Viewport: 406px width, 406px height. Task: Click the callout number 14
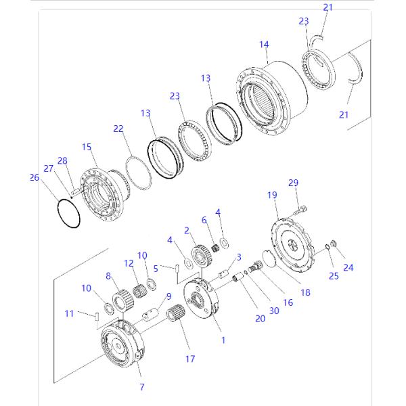pyautogui.click(x=264, y=45)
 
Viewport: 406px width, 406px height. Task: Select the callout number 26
pyautogui.click(x=35, y=178)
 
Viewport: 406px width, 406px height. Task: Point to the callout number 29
pyautogui.click(x=293, y=183)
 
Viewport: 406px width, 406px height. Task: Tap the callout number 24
pyautogui.click(x=348, y=267)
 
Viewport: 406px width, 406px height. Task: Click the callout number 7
pyautogui.click(x=141, y=387)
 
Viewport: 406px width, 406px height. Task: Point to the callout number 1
pyautogui.click(x=223, y=340)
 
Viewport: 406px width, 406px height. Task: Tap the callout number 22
pyautogui.click(x=118, y=128)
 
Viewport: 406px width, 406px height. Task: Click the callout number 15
pyautogui.click(x=86, y=147)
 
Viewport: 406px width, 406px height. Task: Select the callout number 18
pyautogui.click(x=306, y=293)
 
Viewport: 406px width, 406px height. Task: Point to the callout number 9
pyautogui.click(x=168, y=296)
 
